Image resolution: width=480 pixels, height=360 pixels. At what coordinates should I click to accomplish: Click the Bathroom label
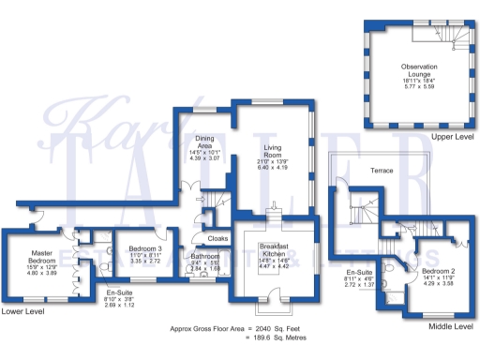(204, 256)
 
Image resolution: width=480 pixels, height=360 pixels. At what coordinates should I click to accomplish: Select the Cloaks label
(217, 238)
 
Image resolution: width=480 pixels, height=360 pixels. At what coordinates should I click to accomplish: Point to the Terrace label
(382, 171)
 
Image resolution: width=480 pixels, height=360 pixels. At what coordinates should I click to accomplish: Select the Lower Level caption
(22, 310)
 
